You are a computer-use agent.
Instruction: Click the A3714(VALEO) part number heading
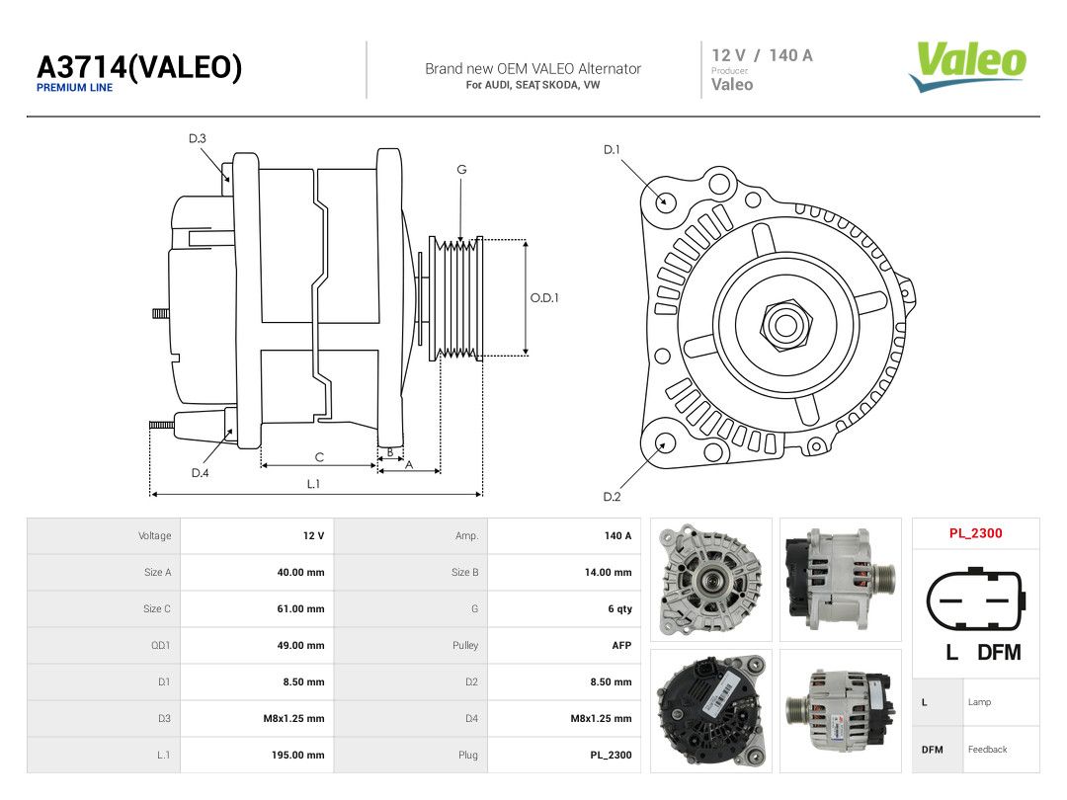pyautogui.click(x=139, y=67)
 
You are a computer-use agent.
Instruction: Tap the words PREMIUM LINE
pyautogui.click(x=74, y=88)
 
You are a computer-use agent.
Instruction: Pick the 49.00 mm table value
pyautogui.click(x=300, y=646)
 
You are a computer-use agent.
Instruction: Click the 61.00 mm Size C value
pyautogui.click(x=300, y=608)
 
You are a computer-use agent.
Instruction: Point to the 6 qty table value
pyautogui.click(x=619, y=608)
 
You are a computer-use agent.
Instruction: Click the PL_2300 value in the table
pyautogui.click(x=611, y=756)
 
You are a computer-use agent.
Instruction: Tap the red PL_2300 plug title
pyautogui.click(x=975, y=533)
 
